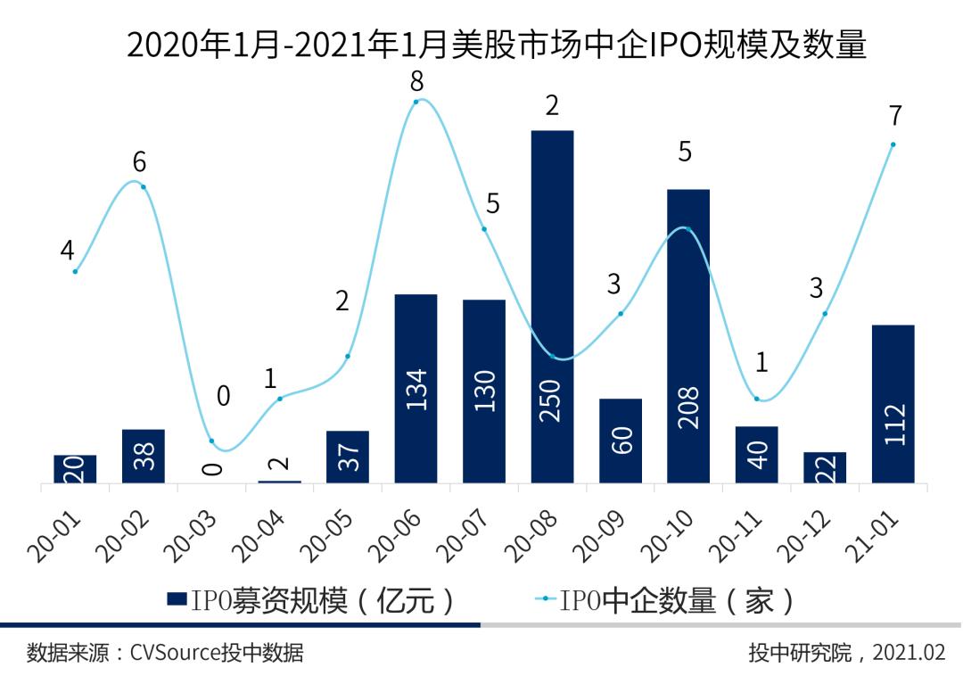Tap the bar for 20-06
click(x=416, y=388)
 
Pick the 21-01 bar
click(x=893, y=403)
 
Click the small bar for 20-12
click(x=825, y=467)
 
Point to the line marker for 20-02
click(x=143, y=186)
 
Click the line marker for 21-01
click(x=893, y=144)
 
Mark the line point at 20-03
click(x=211, y=441)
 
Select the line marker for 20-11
click(x=756, y=399)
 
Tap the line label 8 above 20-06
click(x=416, y=82)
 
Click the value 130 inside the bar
click(x=485, y=391)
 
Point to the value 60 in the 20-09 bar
click(x=621, y=441)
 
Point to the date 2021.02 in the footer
click(x=909, y=654)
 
